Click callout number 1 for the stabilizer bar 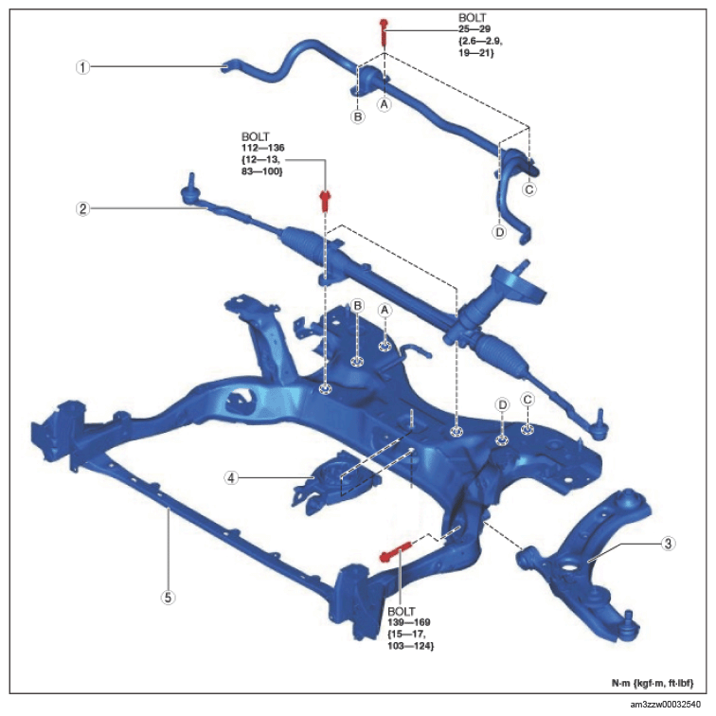82,67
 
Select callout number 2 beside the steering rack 82,209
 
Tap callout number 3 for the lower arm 668,544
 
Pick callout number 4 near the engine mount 231,478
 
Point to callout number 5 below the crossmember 168,598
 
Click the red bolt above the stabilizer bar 384,32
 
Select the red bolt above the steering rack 325,202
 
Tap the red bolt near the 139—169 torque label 396,550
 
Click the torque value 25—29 474,29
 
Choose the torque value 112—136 263,148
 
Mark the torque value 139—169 409,622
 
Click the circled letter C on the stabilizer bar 528,189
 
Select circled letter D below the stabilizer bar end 499,232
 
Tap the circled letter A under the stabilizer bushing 384,104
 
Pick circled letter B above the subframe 358,306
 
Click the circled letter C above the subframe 528,400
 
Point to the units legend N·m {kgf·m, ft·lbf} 653,683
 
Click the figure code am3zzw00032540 665,705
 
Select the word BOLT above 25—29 473,18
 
